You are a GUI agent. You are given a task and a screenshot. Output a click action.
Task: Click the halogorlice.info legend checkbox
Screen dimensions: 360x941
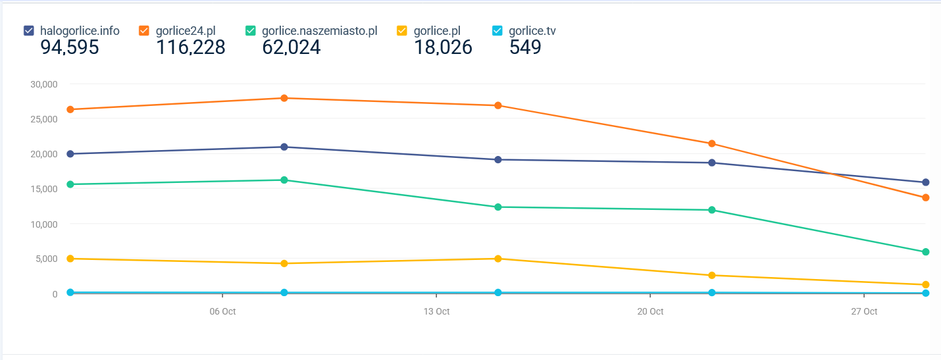click(29, 30)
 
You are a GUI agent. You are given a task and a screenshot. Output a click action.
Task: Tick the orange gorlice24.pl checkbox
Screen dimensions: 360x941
click(144, 30)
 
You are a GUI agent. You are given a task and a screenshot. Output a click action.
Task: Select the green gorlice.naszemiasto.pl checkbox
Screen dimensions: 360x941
click(251, 30)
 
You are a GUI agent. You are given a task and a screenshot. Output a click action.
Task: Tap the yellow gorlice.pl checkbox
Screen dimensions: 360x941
click(402, 30)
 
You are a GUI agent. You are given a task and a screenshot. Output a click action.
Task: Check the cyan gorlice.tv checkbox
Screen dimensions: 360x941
click(497, 30)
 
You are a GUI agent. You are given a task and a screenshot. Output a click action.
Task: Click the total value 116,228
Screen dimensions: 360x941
click(190, 47)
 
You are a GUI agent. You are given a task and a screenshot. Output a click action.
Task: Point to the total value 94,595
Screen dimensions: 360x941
click(70, 47)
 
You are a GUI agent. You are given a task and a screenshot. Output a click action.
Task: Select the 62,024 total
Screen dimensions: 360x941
click(292, 47)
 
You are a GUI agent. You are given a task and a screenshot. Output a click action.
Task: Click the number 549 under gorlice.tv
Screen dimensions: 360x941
click(525, 47)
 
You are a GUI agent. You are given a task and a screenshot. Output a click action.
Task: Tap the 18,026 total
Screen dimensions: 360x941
click(443, 47)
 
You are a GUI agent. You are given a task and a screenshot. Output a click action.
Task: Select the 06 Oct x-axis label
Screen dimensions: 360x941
click(222, 311)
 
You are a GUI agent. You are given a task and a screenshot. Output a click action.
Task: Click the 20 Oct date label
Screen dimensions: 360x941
click(650, 311)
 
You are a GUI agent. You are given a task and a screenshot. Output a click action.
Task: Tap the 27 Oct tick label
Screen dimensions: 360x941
click(864, 311)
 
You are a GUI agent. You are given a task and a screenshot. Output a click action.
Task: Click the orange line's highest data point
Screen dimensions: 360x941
click(284, 98)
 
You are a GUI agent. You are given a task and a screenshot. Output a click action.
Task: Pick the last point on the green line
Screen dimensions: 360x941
click(925, 252)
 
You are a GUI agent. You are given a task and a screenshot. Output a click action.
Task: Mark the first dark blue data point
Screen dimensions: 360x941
click(70, 154)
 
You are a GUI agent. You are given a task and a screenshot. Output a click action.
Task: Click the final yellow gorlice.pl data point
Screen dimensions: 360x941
click(925, 285)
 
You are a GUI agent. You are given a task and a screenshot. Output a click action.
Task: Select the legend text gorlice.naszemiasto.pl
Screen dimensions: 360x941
click(320, 30)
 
